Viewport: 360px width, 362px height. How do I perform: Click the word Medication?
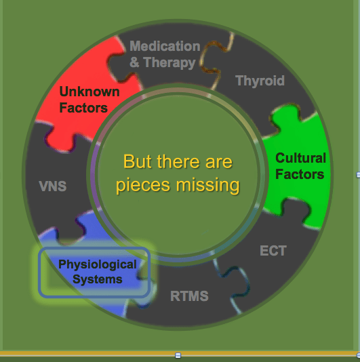[165, 46]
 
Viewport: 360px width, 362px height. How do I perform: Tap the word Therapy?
[169, 63]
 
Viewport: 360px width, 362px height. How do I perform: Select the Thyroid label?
[260, 81]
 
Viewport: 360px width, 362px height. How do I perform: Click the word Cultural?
[300, 158]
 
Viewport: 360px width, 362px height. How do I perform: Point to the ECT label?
[273, 251]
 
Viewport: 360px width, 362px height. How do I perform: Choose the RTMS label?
[189, 296]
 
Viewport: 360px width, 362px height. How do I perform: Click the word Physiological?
[98, 265]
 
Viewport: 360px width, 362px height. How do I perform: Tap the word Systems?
[98, 279]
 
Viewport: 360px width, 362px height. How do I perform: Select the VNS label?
[53, 186]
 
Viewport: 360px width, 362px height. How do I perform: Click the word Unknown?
[89, 92]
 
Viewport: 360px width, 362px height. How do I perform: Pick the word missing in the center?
[208, 185]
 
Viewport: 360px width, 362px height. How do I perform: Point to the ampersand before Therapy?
[134, 62]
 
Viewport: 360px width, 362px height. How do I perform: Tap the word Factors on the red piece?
[83, 108]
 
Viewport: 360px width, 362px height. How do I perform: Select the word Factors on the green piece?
[300, 174]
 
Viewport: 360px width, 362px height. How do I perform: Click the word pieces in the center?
[143, 186]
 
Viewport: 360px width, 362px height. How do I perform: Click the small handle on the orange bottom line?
[178, 355]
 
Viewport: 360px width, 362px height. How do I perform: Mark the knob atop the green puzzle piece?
[285, 113]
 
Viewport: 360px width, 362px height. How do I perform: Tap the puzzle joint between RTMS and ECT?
[233, 281]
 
